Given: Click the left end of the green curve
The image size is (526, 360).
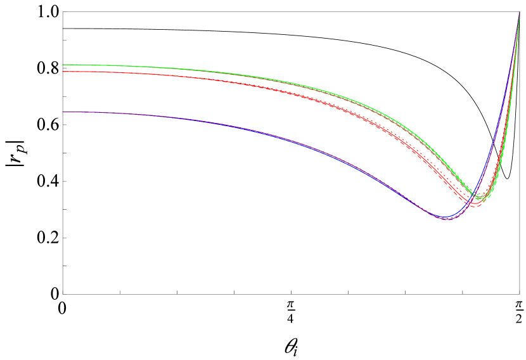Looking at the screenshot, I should tap(62, 65).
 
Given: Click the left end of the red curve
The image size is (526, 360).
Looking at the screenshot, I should tap(62, 72).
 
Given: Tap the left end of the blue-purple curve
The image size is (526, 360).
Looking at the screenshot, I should tap(62, 112).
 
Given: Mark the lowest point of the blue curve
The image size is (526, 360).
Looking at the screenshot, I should tap(446, 218).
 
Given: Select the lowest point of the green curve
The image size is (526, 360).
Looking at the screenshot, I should tap(482, 199).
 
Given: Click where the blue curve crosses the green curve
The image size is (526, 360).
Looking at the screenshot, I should tap(475, 195).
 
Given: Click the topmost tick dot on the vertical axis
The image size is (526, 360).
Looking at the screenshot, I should tap(60, 42).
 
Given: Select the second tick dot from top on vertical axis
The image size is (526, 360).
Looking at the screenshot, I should tap(60, 98).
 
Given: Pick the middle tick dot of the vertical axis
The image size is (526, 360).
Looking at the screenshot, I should tap(60, 155).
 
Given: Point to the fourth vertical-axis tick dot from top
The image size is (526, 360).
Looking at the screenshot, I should tap(60, 212).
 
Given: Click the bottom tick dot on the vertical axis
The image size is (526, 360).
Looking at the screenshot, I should tap(60, 268).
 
